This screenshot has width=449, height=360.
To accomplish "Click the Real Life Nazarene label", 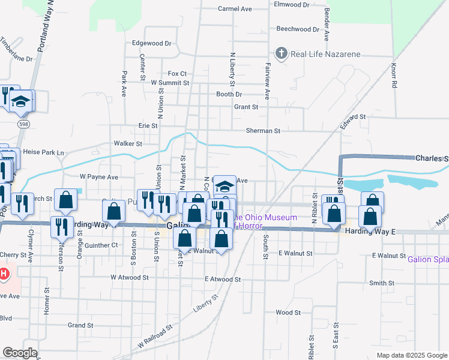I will pyautogui.click(x=325, y=54).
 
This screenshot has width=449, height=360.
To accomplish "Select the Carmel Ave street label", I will pyautogui.click(x=235, y=9).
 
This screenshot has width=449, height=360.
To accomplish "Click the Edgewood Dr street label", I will pyautogui.click(x=151, y=43).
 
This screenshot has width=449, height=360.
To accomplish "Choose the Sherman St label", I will pyautogui.click(x=263, y=130).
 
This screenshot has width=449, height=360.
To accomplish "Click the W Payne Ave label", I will pyautogui.click(x=99, y=177).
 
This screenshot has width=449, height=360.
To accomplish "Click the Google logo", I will pyautogui.click(x=20, y=353).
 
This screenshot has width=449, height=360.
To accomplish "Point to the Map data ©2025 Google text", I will pyautogui.click(x=411, y=355).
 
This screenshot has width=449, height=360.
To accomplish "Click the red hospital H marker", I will pyautogui.click(x=4, y=275).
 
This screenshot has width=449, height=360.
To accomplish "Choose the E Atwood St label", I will pyautogui.click(x=223, y=279).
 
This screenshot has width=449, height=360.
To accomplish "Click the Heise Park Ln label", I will pyautogui.click(x=43, y=152).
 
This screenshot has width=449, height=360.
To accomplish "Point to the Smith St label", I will pyautogui.click(x=382, y=283).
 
